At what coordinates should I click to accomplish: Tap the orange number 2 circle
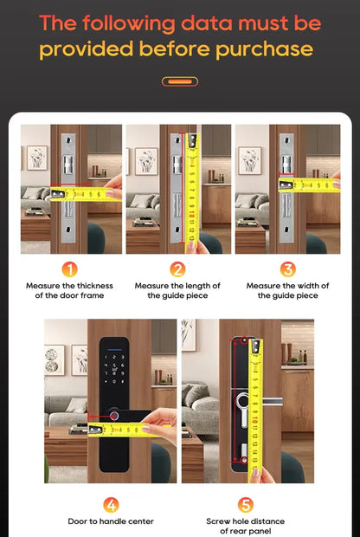(177, 269)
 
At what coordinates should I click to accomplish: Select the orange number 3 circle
(287, 269)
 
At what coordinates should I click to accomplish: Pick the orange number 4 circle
(112, 505)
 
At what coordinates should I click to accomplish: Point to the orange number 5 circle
(246, 505)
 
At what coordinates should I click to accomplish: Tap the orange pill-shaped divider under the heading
(180, 81)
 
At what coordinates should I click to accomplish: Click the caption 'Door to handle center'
(111, 521)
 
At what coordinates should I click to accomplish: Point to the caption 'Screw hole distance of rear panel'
(246, 527)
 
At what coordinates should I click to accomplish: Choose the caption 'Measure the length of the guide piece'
(177, 290)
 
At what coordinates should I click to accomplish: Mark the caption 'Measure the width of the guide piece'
(287, 290)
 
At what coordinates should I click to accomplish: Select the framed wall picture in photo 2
(145, 160)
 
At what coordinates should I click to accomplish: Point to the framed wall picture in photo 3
(250, 159)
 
